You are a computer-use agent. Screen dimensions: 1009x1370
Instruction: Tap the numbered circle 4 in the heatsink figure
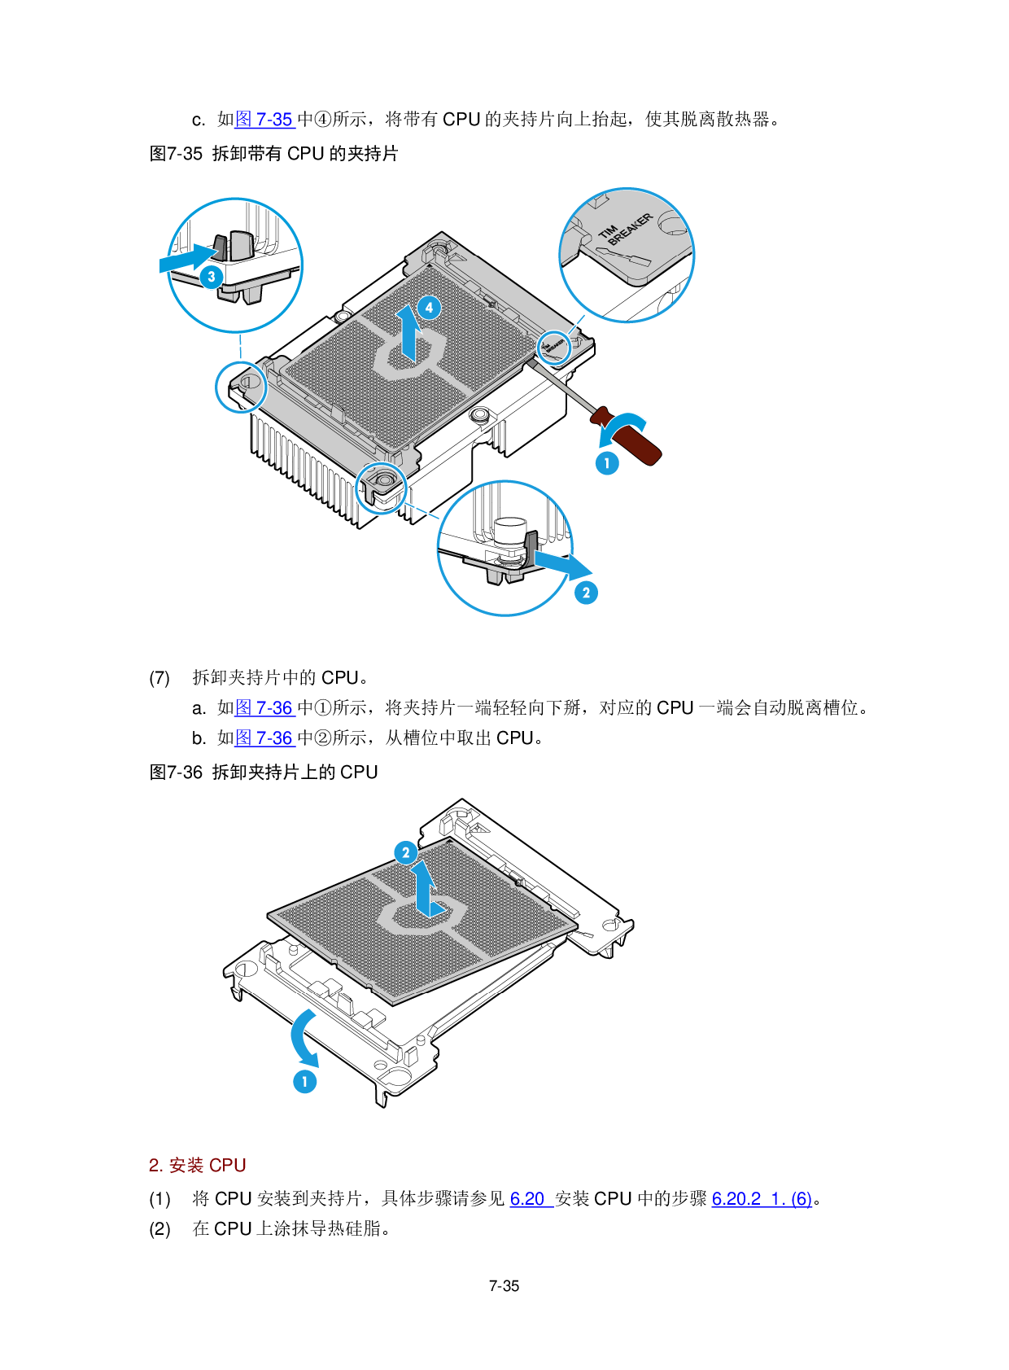[x=430, y=308]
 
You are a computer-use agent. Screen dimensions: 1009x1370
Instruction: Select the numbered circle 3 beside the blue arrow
[x=212, y=277]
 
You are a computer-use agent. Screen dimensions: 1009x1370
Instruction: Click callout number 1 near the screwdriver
[x=607, y=463]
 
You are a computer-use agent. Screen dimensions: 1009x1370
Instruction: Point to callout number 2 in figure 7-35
[x=587, y=592]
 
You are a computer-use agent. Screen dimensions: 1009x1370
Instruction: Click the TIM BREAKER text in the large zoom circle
[x=626, y=230]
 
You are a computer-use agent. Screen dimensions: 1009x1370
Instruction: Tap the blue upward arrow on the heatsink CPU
[x=408, y=333]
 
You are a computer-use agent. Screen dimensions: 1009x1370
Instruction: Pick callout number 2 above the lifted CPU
[x=406, y=852]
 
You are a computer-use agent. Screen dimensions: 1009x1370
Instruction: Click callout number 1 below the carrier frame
[x=305, y=1081]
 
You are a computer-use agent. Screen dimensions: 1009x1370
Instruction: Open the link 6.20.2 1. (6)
[x=762, y=1199]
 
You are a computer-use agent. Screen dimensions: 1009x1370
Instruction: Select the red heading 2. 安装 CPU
[x=197, y=1165]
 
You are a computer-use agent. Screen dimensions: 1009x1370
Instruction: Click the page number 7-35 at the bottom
[x=504, y=1286]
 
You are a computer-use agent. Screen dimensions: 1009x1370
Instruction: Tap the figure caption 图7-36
[x=176, y=772]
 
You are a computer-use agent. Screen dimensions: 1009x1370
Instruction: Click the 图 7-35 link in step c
[x=264, y=119]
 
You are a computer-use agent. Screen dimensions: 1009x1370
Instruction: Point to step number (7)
[x=159, y=677]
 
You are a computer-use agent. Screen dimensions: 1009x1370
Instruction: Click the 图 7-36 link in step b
[x=264, y=738]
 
